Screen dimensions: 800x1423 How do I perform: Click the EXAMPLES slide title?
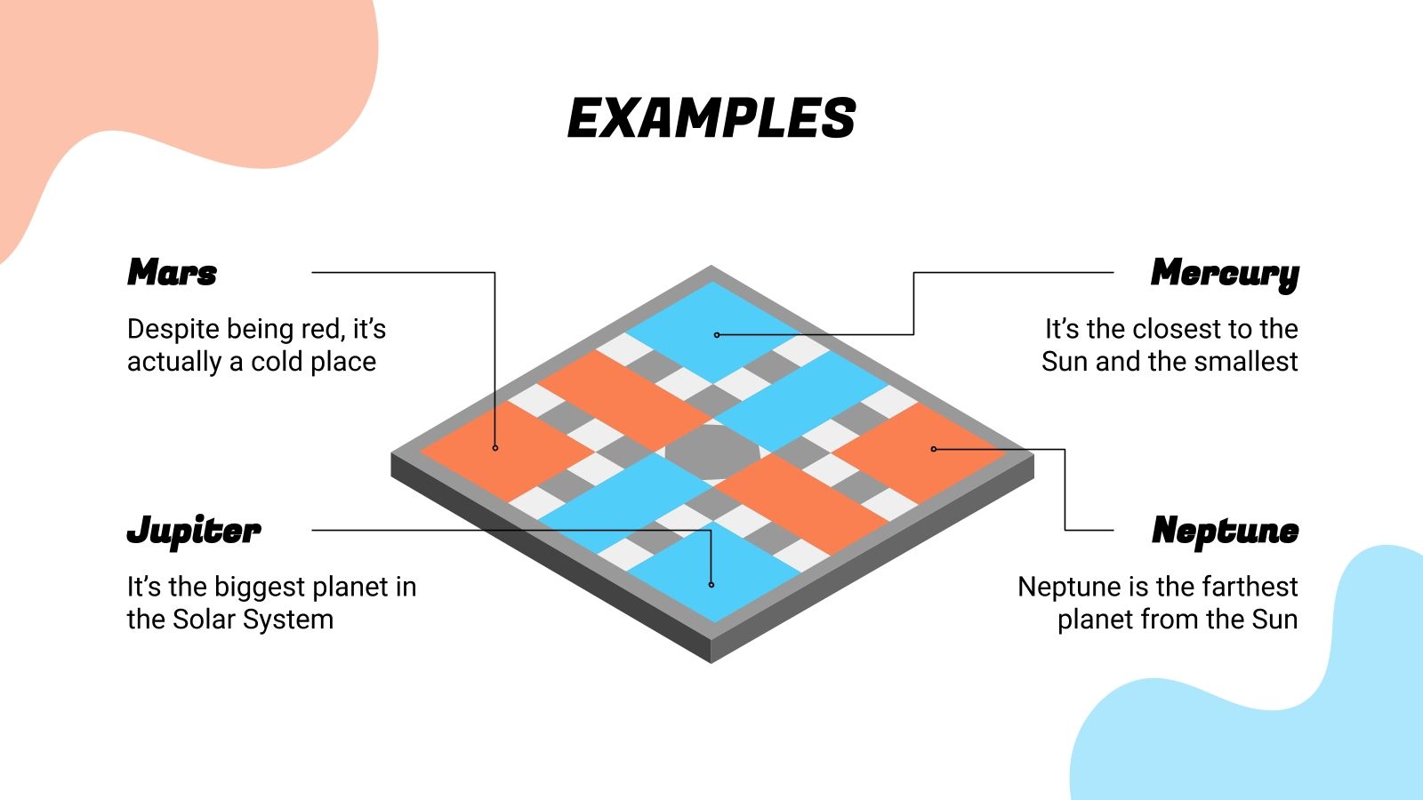[711, 118]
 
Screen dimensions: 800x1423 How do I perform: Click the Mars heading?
[173, 272]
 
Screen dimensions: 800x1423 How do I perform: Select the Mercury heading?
[1224, 274]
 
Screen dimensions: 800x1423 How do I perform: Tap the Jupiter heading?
[194, 532]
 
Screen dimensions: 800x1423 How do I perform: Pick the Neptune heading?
[1225, 532]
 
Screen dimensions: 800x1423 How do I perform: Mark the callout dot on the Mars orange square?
[495, 448]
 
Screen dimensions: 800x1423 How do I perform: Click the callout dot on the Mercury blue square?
[717, 335]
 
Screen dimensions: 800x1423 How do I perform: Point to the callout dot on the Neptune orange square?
[933, 449]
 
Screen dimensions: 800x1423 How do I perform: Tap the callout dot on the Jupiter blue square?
[711, 584]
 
